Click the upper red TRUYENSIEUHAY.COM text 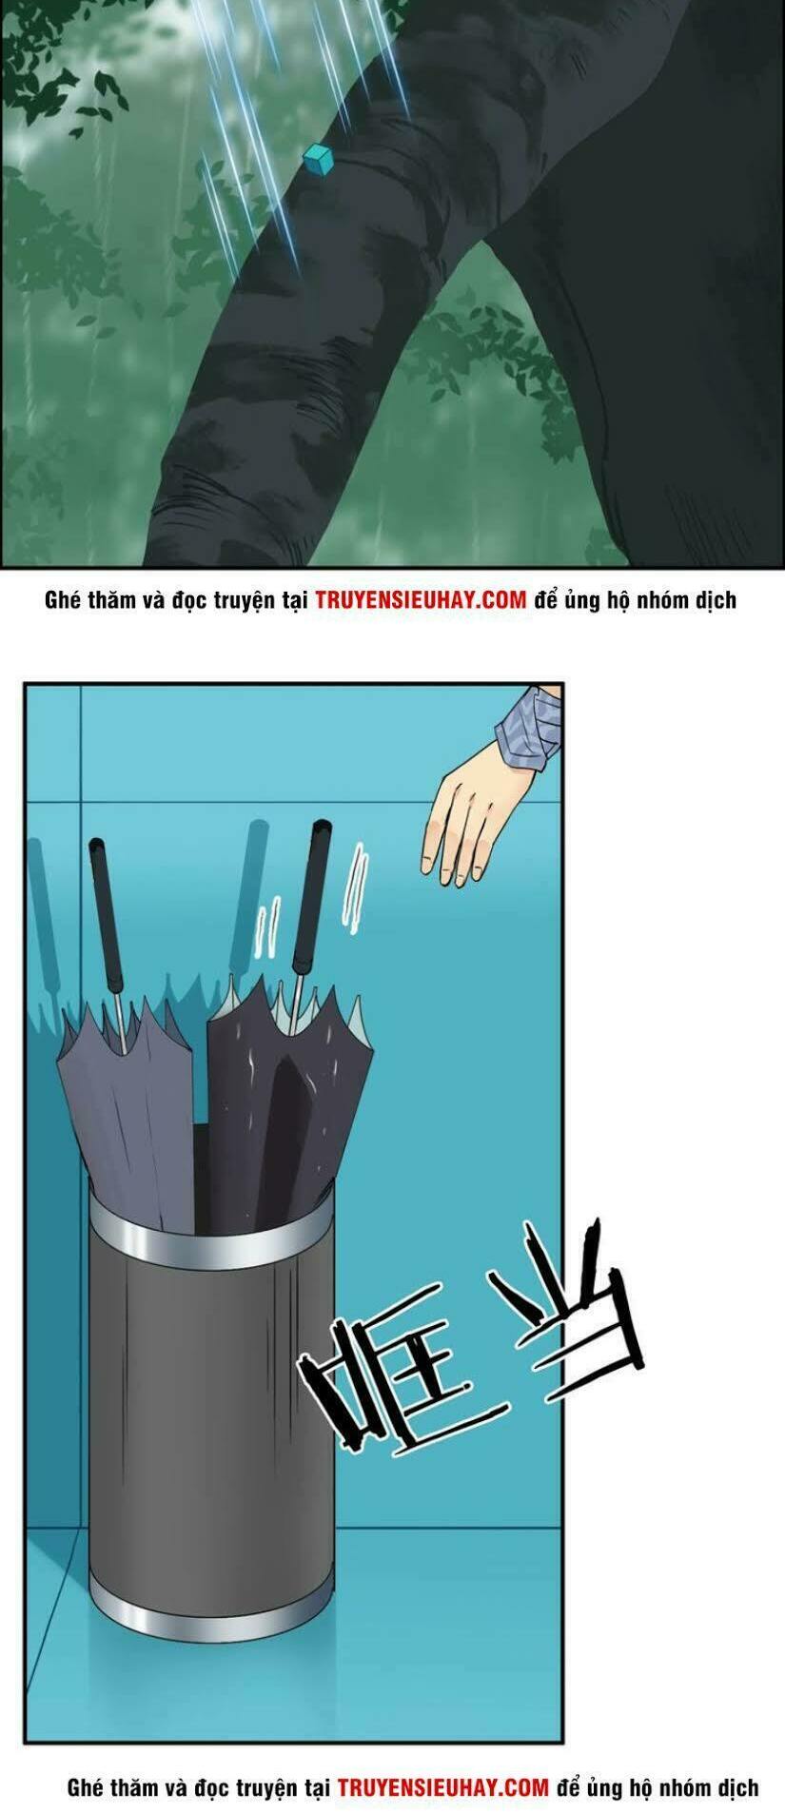421,600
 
